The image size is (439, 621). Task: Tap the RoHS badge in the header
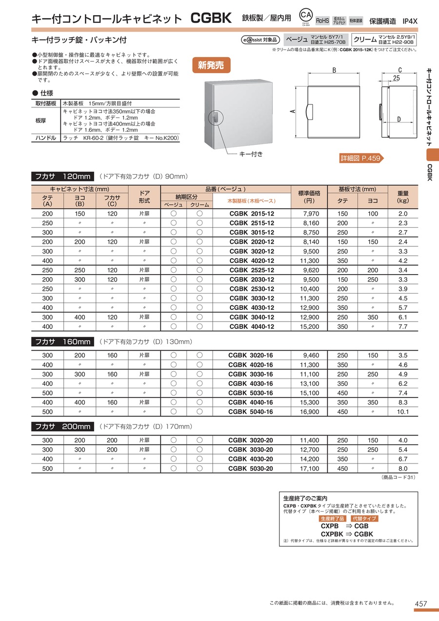[x=322, y=20]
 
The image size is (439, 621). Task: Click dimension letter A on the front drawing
[x=292, y=111]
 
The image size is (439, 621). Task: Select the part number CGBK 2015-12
[x=252, y=214]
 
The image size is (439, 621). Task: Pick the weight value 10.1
[x=402, y=412]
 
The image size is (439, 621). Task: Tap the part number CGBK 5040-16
[x=251, y=412]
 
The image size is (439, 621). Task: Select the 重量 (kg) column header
[x=402, y=197]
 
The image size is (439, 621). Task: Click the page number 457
[x=421, y=604]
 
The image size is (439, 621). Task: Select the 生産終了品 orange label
[x=332, y=519]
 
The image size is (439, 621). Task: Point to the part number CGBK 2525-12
[x=252, y=270]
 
